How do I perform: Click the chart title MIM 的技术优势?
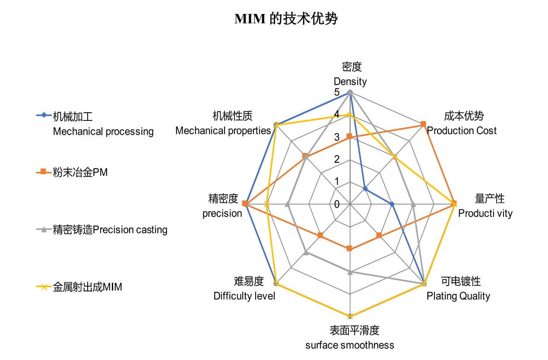click(x=285, y=19)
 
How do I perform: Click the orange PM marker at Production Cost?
click(x=423, y=124)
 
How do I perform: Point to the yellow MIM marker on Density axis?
click(x=350, y=114)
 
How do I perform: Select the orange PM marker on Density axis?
click(x=350, y=137)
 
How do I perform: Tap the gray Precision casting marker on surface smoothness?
click(x=350, y=272)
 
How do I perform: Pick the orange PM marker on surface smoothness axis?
click(x=350, y=249)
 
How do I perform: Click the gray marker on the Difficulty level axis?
click(x=305, y=252)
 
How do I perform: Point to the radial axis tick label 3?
click(x=336, y=137)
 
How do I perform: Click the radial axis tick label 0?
click(x=336, y=204)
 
